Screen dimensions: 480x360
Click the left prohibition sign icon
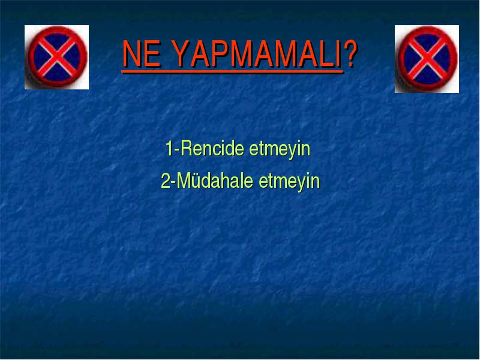point(57,56)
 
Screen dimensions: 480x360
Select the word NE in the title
point(141,53)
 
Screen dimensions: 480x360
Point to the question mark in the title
point(350,53)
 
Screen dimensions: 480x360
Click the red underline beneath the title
point(232,72)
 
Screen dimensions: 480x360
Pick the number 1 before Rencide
point(169,148)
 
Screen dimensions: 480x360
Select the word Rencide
point(214,148)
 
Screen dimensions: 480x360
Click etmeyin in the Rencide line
point(280,150)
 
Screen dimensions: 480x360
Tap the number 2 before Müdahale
point(166,181)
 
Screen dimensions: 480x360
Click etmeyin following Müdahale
point(289,182)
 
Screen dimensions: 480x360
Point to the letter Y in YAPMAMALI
point(181,53)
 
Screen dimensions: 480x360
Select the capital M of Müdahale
point(184,181)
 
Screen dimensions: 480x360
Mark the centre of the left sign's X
point(57,56)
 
